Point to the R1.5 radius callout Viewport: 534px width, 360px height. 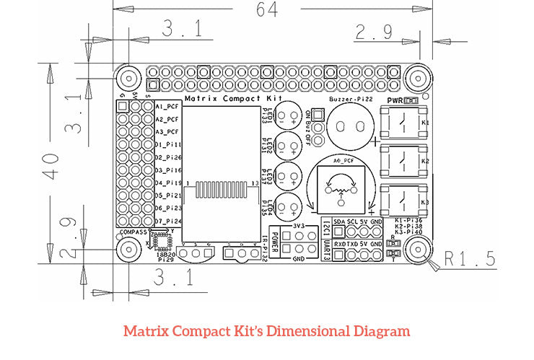click(x=470, y=258)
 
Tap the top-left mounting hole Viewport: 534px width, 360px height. click(x=128, y=79)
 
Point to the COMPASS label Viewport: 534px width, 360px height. click(x=134, y=233)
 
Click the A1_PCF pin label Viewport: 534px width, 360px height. click(x=167, y=107)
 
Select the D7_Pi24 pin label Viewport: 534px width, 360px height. click(x=167, y=221)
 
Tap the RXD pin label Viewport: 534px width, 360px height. click(x=338, y=245)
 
